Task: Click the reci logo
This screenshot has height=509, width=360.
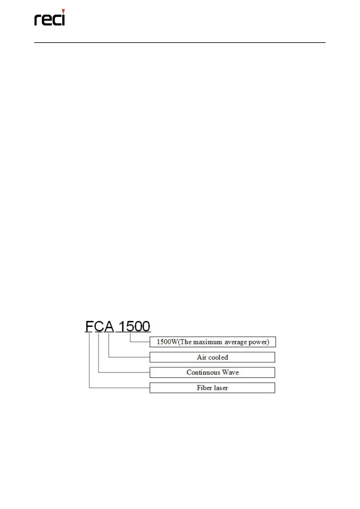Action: click(50, 18)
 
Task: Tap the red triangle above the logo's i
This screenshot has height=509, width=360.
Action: click(63, 11)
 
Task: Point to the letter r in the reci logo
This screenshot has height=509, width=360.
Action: click(37, 20)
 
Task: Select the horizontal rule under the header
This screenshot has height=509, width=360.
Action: click(180, 43)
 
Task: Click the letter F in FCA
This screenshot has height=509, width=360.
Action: click(89, 326)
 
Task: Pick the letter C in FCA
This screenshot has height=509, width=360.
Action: click(99, 326)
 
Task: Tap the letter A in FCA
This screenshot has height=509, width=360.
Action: click(109, 326)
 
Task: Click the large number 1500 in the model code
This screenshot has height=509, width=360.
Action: click(134, 326)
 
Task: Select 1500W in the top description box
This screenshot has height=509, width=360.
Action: click(167, 342)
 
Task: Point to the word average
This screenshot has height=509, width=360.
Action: click(235, 342)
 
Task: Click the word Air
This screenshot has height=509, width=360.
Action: click(202, 357)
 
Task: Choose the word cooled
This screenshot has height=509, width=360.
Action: click(218, 357)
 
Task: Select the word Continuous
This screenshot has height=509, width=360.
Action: click(203, 372)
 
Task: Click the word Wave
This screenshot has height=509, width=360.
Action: click(230, 372)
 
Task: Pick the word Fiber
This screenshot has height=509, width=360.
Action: click(204, 388)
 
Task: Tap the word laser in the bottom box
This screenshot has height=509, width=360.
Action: click(221, 388)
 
